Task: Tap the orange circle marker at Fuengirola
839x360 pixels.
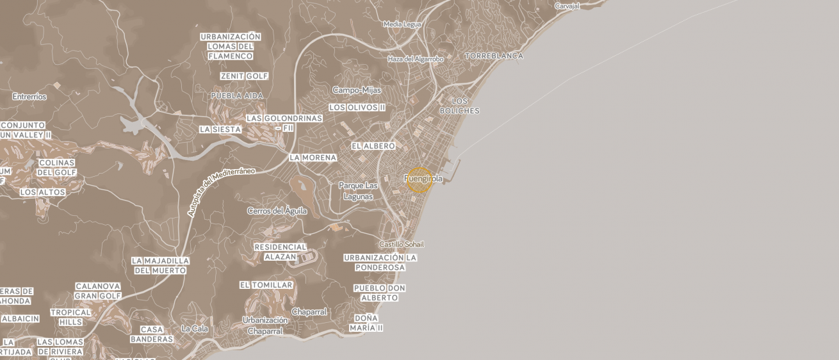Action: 419,180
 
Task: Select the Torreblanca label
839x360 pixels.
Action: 494,56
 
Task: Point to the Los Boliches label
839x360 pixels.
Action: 459,106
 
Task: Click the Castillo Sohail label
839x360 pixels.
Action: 402,245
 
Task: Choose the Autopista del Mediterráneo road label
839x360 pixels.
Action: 221,192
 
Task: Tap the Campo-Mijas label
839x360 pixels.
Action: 357,90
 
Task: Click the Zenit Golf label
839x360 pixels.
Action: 244,76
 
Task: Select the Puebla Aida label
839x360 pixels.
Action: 237,95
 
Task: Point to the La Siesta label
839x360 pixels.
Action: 220,129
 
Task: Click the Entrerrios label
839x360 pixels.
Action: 29,97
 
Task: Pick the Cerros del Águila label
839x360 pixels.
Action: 277,211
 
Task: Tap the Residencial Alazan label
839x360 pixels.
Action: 281,252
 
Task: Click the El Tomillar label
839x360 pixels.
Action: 266,285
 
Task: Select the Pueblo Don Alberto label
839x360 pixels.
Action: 379,293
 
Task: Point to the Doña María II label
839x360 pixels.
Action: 366,323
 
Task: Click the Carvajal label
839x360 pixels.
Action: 567,6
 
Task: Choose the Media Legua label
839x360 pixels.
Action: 402,24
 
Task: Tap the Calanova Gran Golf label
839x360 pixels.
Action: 98,291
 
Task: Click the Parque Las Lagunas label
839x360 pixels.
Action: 358,191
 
